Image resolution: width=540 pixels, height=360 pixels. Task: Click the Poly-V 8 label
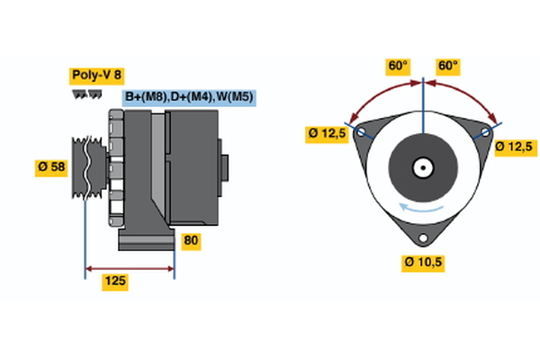97,76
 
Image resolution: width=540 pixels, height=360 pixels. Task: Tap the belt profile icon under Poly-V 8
87,94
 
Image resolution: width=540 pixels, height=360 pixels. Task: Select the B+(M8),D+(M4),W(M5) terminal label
189,97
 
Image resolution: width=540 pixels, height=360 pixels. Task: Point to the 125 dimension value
115,282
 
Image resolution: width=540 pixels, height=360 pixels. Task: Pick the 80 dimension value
190,241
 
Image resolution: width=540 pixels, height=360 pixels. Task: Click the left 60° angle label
398,66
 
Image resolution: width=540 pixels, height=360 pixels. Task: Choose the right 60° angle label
447,66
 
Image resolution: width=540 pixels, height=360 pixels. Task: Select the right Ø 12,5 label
514,147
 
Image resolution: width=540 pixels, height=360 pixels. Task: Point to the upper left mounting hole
362,131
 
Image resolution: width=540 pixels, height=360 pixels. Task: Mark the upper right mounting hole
485,131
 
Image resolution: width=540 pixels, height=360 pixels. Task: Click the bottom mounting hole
423,238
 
